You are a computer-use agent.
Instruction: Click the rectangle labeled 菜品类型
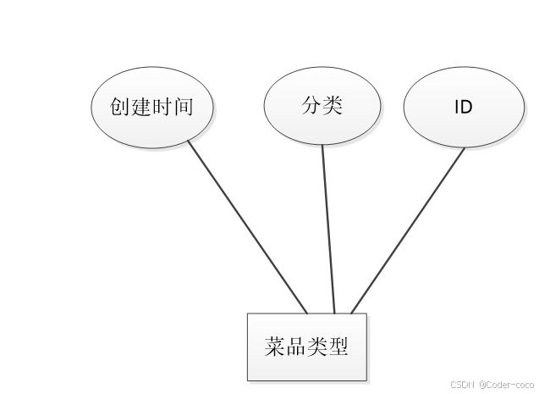point(306,347)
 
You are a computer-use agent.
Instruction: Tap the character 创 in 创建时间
point(120,107)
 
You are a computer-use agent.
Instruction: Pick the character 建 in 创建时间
point(140,107)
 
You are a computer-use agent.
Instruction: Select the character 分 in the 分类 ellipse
point(311,105)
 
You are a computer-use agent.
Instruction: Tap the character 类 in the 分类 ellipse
point(333,105)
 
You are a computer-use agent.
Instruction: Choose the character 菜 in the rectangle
point(275,347)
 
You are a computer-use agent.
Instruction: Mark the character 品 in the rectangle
point(296,347)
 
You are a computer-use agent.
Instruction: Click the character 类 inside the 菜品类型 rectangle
point(317,347)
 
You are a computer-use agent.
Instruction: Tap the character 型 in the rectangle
point(338,347)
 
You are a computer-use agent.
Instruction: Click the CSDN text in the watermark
point(462,383)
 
